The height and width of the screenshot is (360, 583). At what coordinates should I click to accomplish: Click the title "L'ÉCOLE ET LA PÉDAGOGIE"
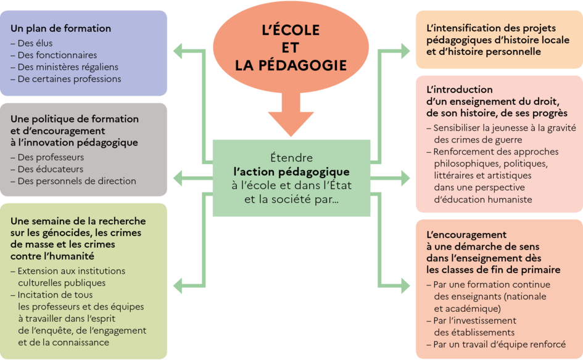[291, 47]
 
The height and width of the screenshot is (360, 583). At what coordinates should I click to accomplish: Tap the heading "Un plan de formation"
[61, 28]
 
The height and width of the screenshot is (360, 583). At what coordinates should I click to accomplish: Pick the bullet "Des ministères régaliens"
[68, 67]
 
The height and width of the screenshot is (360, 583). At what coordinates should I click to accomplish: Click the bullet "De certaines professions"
[70, 79]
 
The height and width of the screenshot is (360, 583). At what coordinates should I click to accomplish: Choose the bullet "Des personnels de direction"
[77, 181]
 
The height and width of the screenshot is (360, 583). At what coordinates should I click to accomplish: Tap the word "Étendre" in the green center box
[291, 158]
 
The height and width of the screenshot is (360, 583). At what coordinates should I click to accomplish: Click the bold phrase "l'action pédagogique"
[291, 171]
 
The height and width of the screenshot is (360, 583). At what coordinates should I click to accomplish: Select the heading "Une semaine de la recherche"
[78, 221]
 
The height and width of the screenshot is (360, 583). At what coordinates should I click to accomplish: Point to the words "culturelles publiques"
[62, 283]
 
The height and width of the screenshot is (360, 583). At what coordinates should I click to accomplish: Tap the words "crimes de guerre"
[469, 139]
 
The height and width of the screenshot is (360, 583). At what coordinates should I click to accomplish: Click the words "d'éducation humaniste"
[482, 200]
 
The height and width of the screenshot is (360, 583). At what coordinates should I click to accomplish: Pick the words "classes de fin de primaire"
[494, 270]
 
